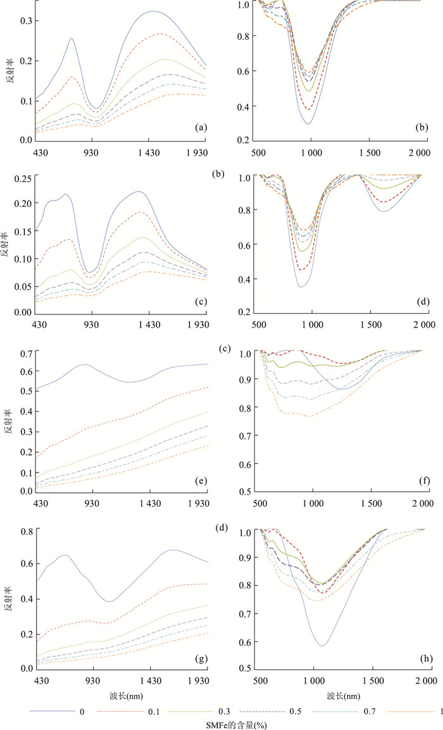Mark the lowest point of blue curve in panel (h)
(322, 645)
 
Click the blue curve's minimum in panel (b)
(308, 123)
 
